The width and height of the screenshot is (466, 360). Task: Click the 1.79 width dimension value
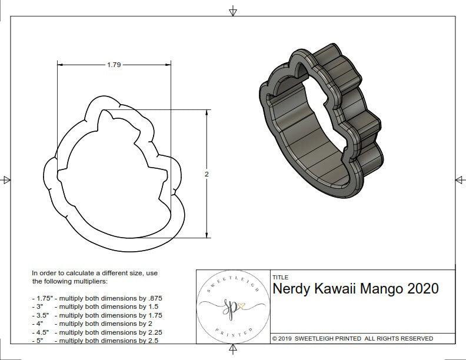click(x=114, y=65)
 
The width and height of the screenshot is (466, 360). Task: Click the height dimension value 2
click(x=207, y=174)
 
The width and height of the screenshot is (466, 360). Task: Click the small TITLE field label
click(x=280, y=277)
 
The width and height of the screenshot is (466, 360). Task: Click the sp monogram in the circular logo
click(x=233, y=306)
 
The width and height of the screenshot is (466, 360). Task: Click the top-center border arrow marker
click(x=234, y=11)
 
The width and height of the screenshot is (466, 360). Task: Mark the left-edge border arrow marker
click(x=6, y=179)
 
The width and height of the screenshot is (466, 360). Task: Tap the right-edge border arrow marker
click(x=460, y=179)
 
